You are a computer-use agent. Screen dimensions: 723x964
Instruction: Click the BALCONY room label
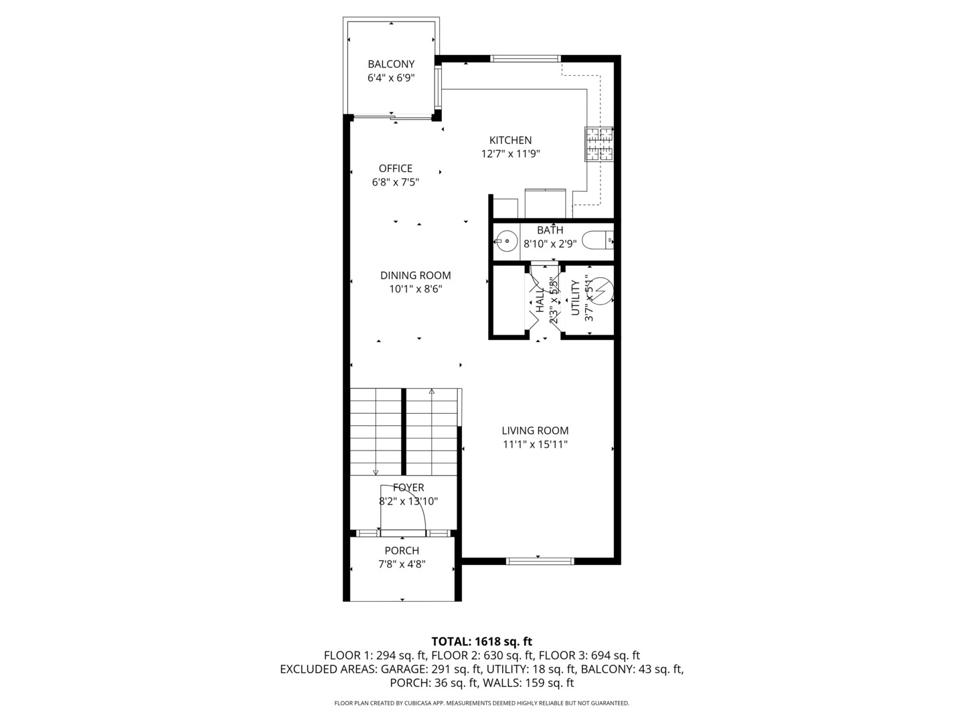click(x=391, y=64)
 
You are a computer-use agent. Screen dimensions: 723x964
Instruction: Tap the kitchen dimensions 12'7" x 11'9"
click(x=510, y=154)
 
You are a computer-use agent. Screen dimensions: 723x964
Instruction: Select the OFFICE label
click(x=395, y=169)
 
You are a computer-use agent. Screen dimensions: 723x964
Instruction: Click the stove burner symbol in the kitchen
click(x=599, y=145)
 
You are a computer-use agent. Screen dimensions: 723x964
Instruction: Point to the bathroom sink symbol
click(x=506, y=240)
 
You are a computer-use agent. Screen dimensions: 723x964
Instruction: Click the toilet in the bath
click(x=598, y=239)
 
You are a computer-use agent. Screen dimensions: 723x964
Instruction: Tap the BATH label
click(x=550, y=230)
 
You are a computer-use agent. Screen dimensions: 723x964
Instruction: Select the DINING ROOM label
click(x=415, y=275)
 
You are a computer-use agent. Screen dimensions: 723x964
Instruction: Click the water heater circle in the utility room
click(x=600, y=291)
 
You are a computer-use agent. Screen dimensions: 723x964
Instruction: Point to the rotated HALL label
click(x=540, y=300)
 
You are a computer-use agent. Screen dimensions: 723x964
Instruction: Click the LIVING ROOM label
click(x=535, y=431)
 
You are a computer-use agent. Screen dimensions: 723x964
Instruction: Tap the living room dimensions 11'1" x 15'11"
click(x=535, y=445)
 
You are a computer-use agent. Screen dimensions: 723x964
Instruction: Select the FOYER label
click(x=408, y=488)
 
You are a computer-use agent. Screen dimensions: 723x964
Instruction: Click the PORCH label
click(x=402, y=551)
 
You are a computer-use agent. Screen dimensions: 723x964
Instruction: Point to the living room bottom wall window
click(x=540, y=561)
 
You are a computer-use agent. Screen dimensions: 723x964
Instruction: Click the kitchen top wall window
click(x=526, y=59)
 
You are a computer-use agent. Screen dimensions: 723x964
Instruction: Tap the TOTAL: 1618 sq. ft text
click(x=481, y=641)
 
